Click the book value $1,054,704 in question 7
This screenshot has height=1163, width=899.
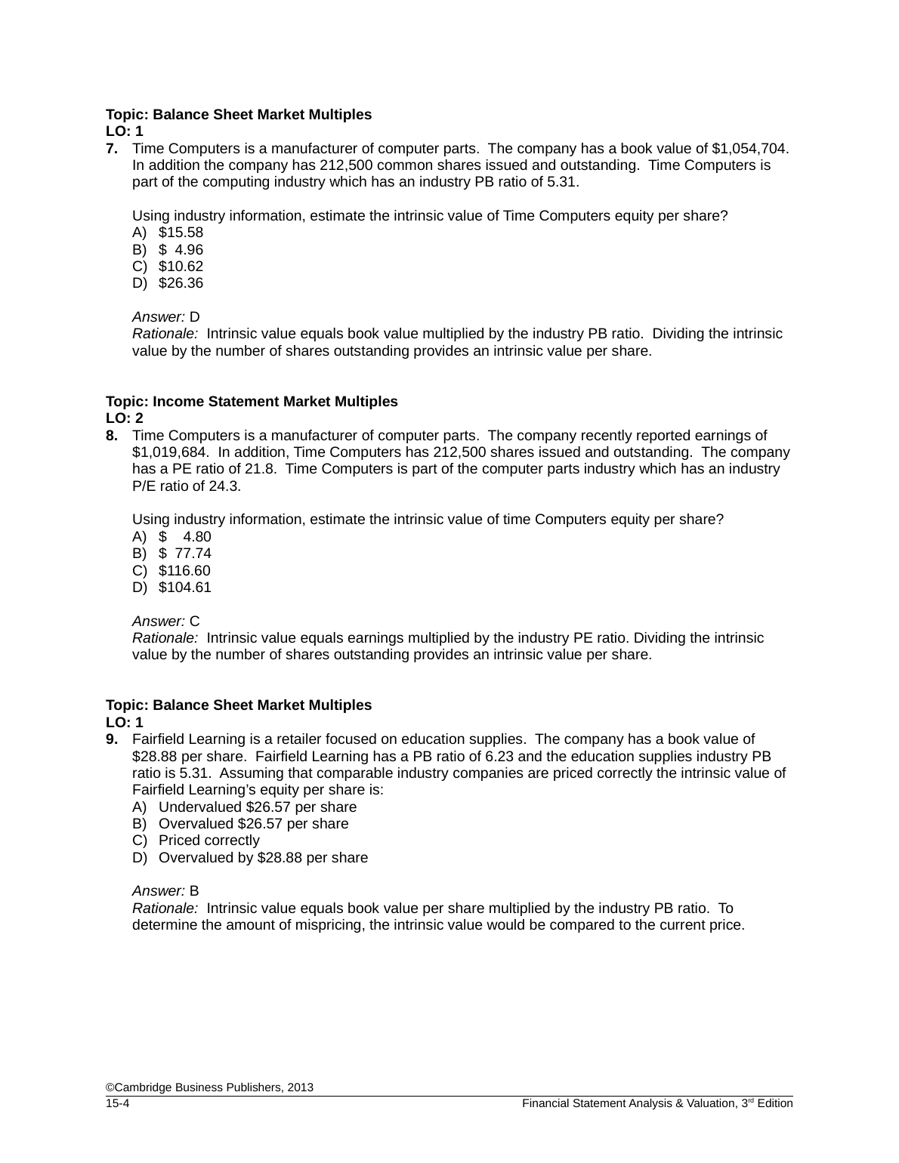(x=750, y=149)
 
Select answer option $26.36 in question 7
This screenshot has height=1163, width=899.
(x=181, y=283)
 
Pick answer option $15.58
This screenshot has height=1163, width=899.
(x=181, y=233)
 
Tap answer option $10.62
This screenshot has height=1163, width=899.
(x=181, y=267)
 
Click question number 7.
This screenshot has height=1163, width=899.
(x=111, y=149)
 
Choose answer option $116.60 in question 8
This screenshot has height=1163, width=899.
(x=184, y=571)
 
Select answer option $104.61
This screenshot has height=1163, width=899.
(x=184, y=588)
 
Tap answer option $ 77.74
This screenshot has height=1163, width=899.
(x=184, y=554)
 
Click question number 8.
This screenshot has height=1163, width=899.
(x=111, y=436)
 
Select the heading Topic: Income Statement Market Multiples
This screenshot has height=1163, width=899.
(x=252, y=402)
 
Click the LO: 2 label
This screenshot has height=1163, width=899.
(x=125, y=418)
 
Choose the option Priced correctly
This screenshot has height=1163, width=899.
(x=209, y=841)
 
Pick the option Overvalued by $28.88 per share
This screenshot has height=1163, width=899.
(x=263, y=858)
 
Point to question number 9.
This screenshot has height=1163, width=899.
(x=111, y=739)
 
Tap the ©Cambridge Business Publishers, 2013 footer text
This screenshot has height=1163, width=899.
(x=209, y=1087)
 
